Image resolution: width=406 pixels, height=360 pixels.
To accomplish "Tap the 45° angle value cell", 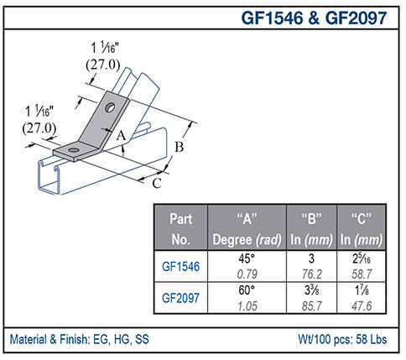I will click(x=247, y=258).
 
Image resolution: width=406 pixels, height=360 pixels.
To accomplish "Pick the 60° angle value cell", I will click(x=247, y=290).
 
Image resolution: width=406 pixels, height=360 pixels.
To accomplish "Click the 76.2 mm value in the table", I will click(x=312, y=273).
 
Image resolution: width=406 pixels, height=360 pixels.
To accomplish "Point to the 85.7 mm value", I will click(x=312, y=305).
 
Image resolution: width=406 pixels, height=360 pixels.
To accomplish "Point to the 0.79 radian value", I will click(x=247, y=273).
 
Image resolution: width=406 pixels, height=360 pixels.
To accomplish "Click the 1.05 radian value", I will click(x=247, y=305).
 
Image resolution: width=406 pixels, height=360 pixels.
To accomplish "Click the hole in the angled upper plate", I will click(x=111, y=107).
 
